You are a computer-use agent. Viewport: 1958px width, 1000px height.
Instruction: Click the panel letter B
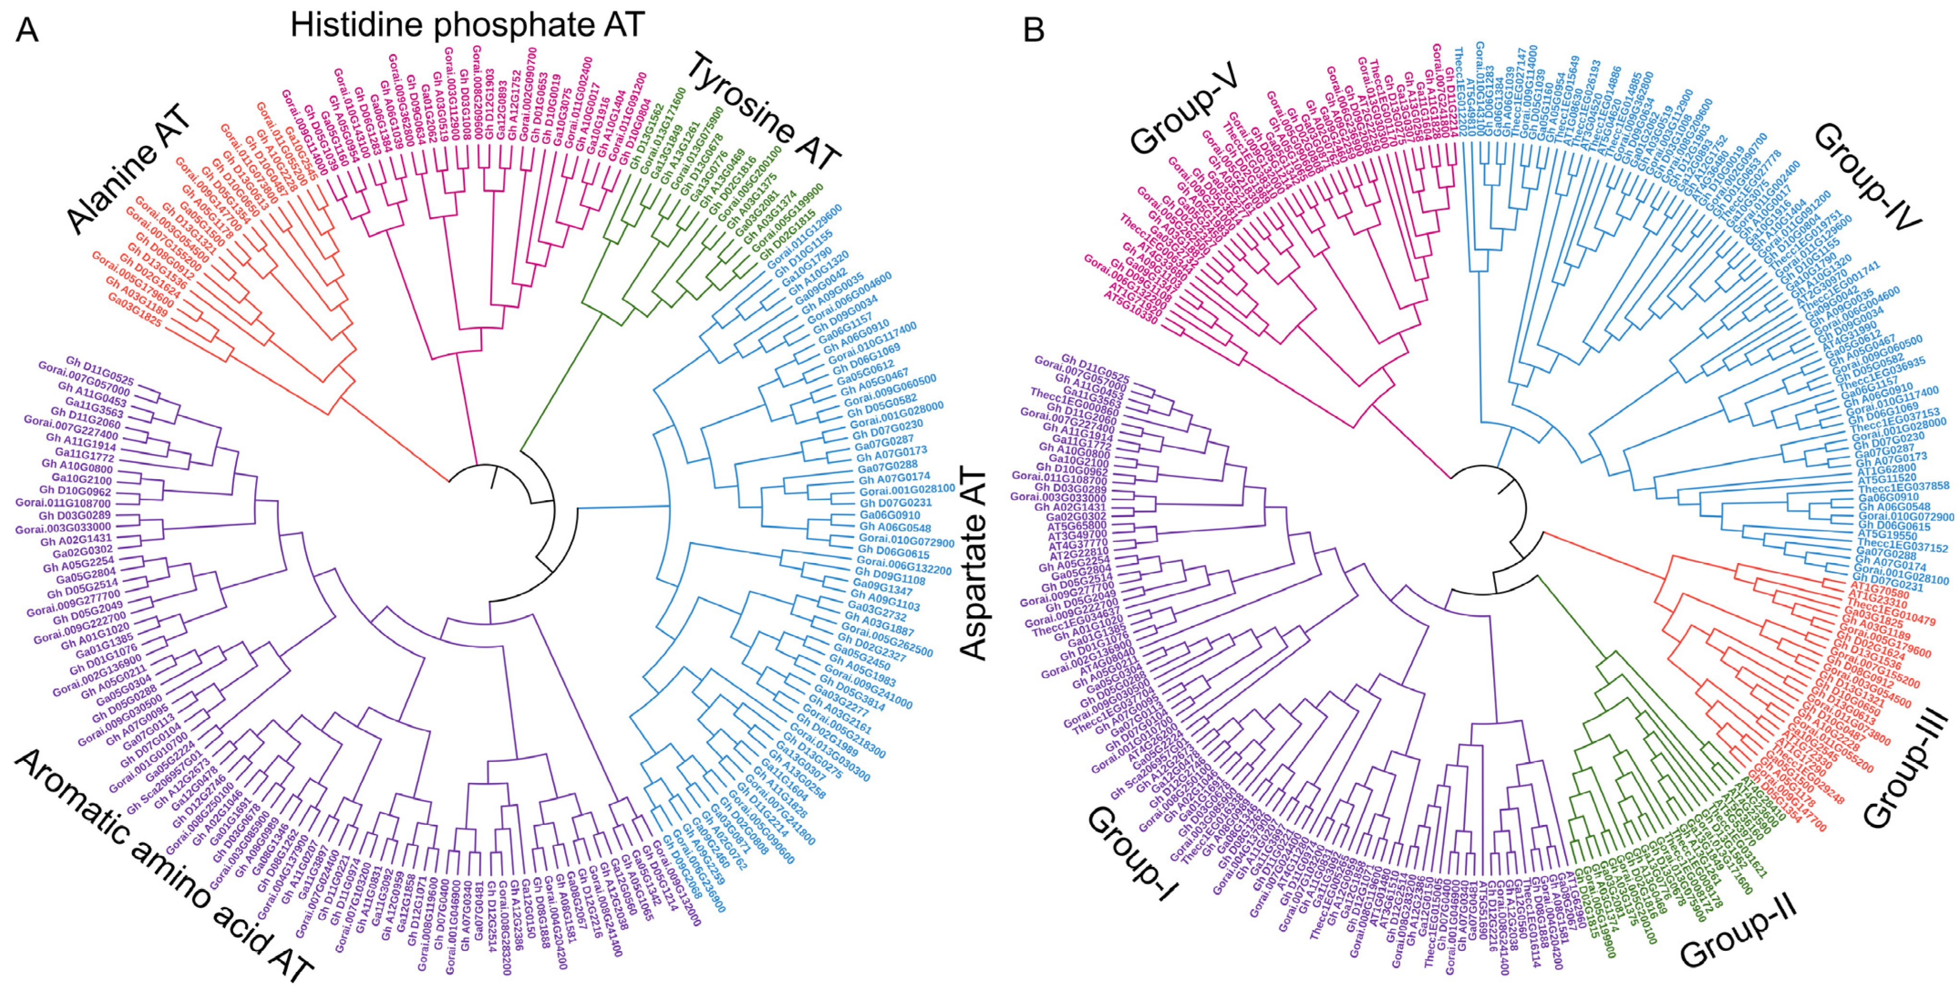point(1035,30)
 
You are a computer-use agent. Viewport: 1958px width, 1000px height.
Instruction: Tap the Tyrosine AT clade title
point(765,114)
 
